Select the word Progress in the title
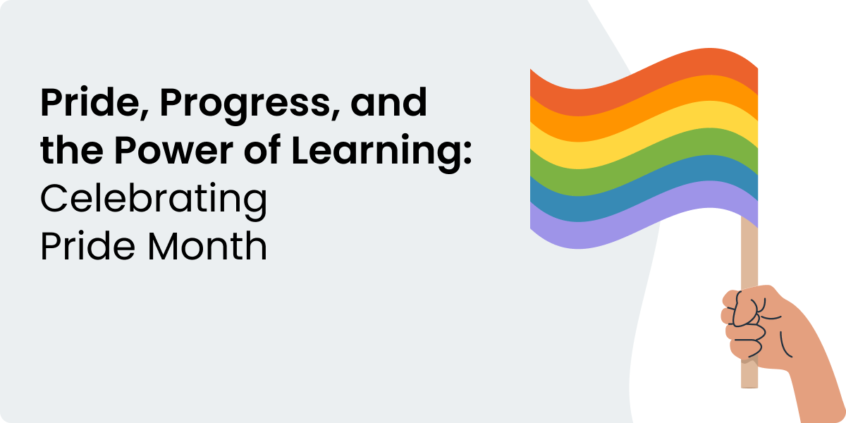click(245, 106)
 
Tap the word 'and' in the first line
click(388, 102)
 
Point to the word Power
click(174, 150)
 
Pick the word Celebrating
click(154, 200)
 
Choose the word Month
click(207, 245)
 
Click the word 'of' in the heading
click(262, 149)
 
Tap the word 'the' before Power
click(72, 149)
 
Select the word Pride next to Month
click(87, 245)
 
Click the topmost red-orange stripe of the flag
click(644, 82)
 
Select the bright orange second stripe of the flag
click(644, 109)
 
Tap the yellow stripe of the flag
click(644, 135)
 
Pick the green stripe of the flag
click(644, 161)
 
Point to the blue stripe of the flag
click(644, 188)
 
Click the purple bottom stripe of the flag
click(644, 214)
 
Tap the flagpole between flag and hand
click(749, 257)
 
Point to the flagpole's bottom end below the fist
click(749, 387)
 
